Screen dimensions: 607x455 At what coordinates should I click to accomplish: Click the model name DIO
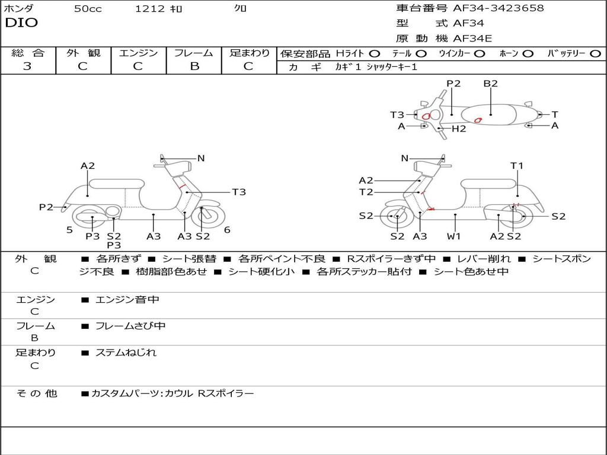click(21, 23)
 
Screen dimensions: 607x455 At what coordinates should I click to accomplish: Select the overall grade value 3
click(27, 66)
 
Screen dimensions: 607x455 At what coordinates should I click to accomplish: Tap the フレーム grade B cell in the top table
click(194, 66)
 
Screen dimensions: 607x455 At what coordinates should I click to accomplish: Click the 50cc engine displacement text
click(88, 9)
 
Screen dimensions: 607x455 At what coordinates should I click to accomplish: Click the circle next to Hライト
click(375, 53)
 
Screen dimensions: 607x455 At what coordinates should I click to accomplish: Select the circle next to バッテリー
click(595, 53)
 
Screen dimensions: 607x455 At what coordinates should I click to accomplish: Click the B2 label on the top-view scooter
click(490, 84)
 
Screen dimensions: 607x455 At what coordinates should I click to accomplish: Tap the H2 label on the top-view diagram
click(459, 129)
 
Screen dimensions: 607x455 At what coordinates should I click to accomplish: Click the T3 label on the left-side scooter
click(238, 192)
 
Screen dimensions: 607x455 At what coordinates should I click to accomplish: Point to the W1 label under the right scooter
click(454, 236)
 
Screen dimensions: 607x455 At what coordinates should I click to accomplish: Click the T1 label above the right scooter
click(517, 166)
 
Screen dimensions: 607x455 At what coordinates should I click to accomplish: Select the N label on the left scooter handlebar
click(201, 158)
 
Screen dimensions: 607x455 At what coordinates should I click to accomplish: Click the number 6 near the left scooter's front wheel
click(227, 230)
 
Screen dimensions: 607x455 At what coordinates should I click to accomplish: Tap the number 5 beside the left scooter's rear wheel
click(69, 230)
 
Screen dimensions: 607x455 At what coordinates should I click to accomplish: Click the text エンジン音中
click(127, 300)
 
